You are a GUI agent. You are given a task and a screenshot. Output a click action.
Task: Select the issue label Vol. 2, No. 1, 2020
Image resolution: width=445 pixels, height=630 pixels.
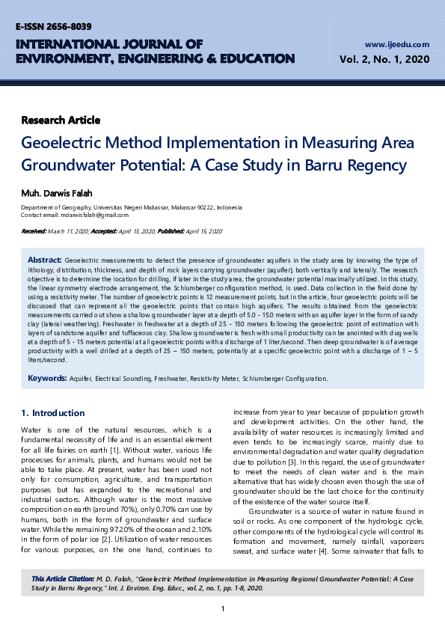[384, 59]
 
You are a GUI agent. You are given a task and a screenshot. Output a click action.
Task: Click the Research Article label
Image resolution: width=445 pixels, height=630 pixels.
[61, 120]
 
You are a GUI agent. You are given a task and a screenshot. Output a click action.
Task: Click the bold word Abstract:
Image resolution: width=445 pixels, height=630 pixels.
[44, 259]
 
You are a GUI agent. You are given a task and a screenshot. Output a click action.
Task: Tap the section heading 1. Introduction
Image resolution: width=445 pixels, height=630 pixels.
[53, 413]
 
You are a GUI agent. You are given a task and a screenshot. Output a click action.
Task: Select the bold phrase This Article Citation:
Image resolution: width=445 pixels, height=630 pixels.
[63, 579]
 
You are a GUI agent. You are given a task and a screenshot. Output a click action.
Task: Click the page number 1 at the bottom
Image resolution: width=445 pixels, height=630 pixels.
[223, 608]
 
